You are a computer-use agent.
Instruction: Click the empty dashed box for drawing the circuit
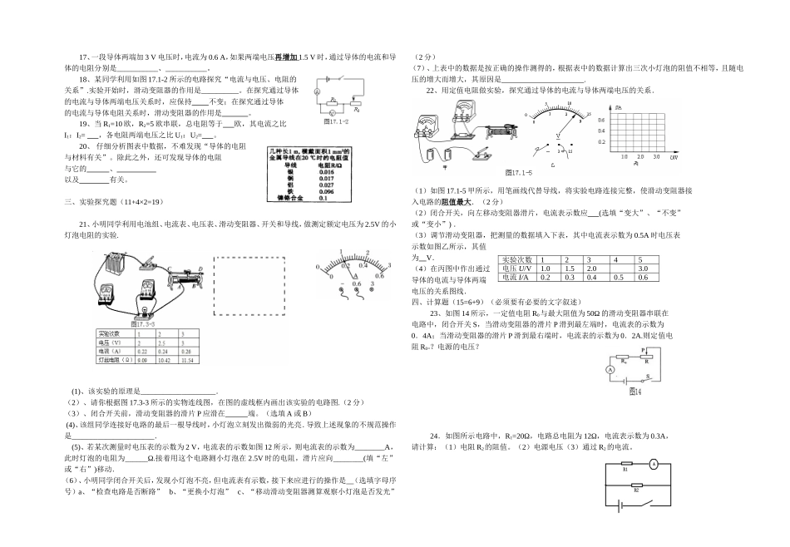tap(252, 285)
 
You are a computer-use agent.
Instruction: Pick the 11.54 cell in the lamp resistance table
tap(187, 361)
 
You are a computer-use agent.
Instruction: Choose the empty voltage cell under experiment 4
tap(618, 269)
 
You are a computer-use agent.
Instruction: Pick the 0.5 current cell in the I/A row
tap(618, 277)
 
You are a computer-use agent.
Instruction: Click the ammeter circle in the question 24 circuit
tap(654, 464)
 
